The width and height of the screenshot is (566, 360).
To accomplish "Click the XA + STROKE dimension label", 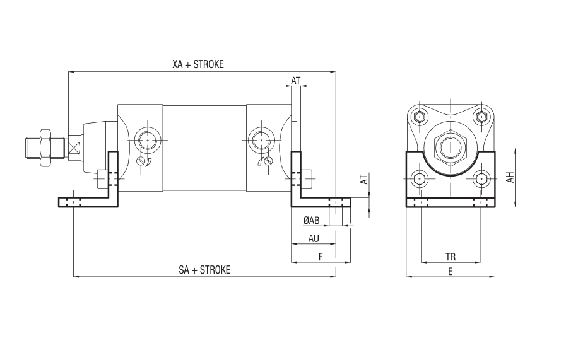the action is click(x=198, y=64).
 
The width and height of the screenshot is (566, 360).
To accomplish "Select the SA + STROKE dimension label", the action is click(x=204, y=270).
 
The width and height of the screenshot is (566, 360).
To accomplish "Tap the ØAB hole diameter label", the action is click(x=312, y=220).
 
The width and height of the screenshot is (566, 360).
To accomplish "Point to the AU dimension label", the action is click(x=314, y=238).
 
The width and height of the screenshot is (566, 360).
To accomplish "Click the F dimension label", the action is click(x=321, y=257).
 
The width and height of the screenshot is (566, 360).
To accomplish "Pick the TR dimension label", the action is click(x=451, y=257).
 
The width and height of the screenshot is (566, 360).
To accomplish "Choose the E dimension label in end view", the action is click(x=450, y=271).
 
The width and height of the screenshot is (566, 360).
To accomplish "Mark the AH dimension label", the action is click(x=510, y=177).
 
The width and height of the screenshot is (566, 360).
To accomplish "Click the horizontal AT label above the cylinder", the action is click(x=296, y=81).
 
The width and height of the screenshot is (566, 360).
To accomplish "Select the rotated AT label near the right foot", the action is click(x=365, y=179).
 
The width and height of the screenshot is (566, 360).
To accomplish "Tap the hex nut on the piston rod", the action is click(x=45, y=148).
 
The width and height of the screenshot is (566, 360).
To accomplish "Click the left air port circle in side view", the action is click(x=147, y=139).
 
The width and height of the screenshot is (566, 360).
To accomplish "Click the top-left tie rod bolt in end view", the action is click(x=419, y=117).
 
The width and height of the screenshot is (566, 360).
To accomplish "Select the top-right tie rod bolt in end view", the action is click(x=481, y=117).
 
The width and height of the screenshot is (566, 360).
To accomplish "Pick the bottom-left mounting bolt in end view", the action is click(x=419, y=179).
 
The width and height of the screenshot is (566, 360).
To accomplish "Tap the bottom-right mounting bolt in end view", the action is click(x=481, y=179).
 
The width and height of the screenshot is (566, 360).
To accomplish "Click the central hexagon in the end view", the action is click(x=451, y=147).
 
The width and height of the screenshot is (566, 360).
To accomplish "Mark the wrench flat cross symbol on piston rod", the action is click(x=74, y=148).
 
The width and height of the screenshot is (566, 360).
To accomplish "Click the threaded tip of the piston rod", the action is click(x=32, y=148).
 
